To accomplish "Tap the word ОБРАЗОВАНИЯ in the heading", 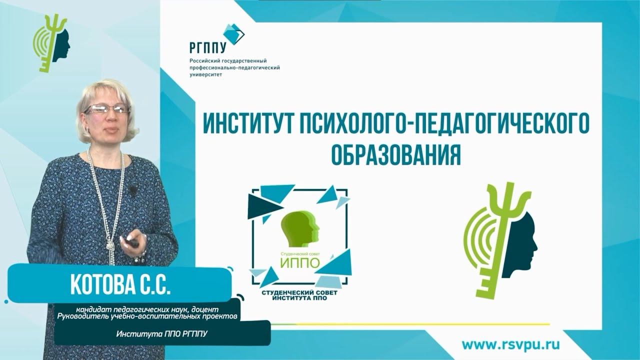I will click(395, 155).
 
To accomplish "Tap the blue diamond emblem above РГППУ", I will click(233, 33).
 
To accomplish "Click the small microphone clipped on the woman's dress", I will click(133, 190).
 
